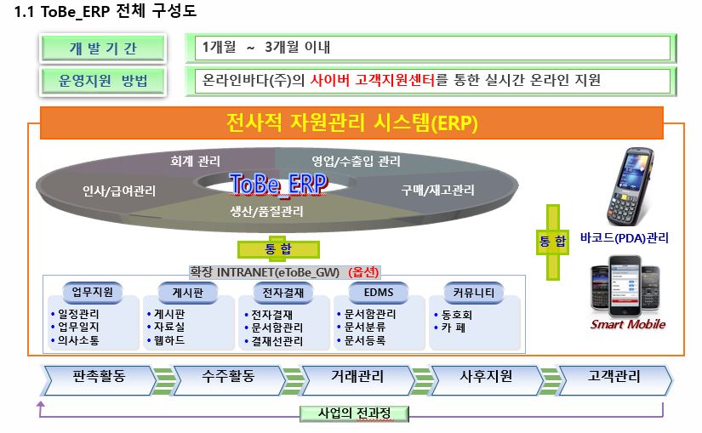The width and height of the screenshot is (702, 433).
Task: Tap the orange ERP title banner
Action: pos(352,123)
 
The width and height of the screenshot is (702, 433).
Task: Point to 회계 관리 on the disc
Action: pos(196,160)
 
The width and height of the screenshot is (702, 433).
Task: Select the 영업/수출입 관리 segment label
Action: pos(356,160)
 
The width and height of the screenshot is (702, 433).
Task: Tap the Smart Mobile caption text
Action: pos(628,324)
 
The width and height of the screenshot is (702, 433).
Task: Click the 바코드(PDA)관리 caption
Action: pos(624,238)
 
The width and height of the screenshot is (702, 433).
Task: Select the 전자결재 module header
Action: pos(278,293)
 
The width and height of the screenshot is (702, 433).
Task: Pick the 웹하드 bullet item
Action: pos(168,340)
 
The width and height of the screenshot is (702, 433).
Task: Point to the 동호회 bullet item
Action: pos(455,313)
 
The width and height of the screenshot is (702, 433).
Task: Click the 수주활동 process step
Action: pos(228,376)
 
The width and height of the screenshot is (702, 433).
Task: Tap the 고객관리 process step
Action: pos(614,376)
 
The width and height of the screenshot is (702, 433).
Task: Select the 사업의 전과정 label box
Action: pos(354,413)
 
